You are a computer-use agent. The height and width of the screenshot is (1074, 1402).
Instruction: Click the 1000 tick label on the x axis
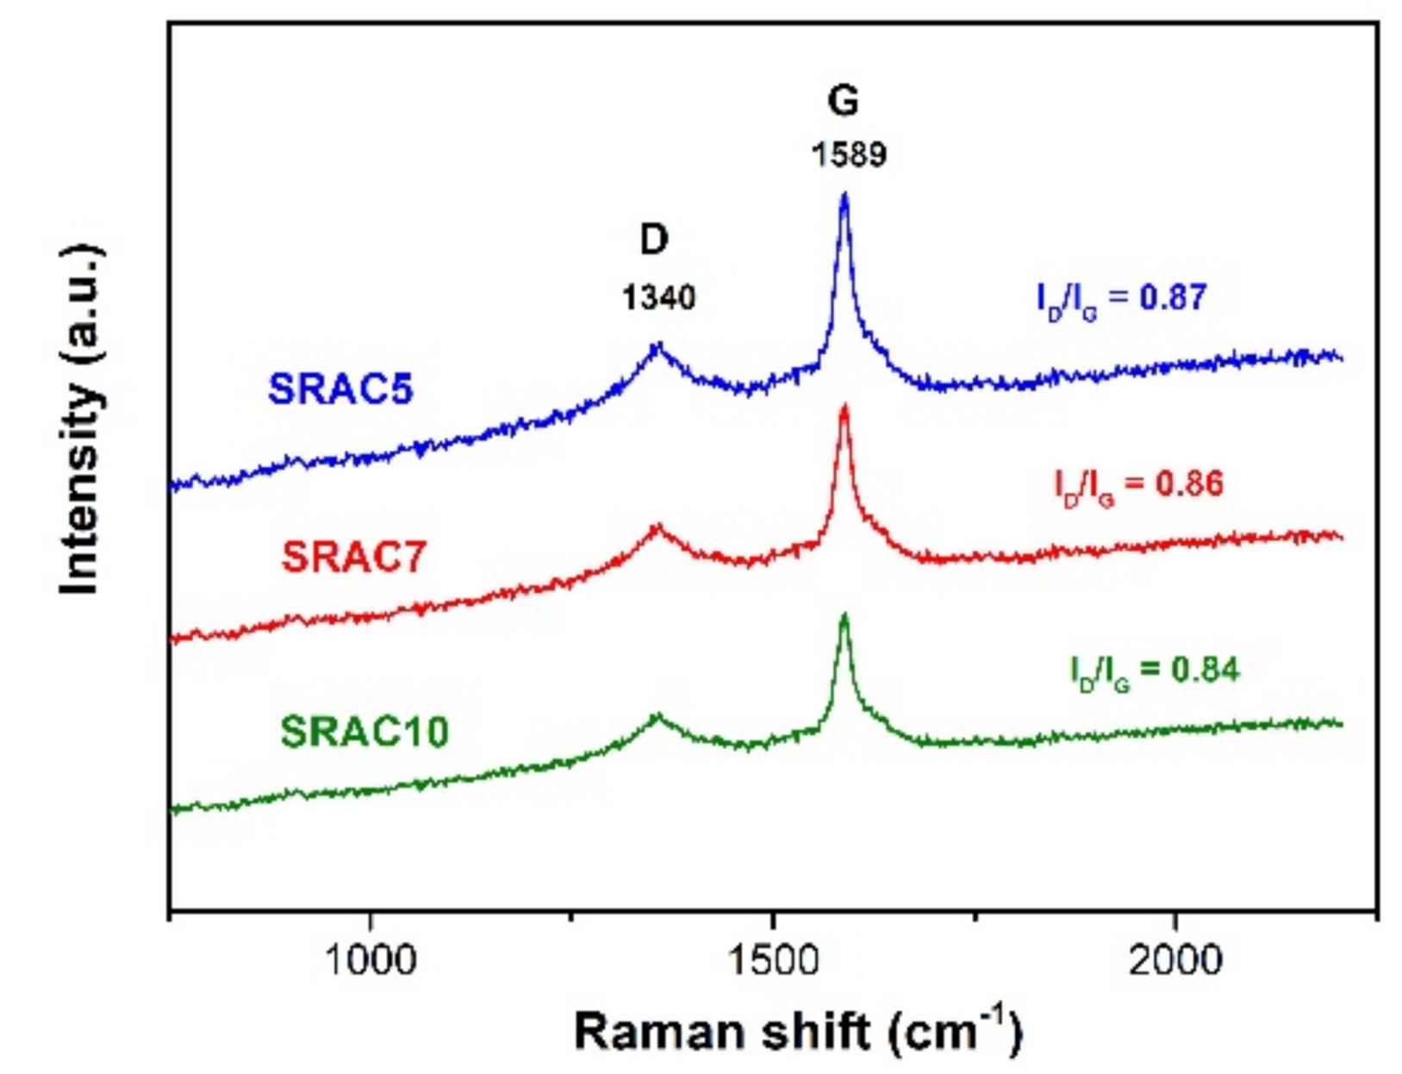[x=371, y=959]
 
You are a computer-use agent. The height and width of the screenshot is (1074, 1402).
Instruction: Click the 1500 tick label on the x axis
[x=772, y=959]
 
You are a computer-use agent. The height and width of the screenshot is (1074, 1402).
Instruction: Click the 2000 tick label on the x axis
[x=1175, y=959]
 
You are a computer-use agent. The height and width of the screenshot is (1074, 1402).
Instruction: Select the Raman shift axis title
[x=798, y=1032]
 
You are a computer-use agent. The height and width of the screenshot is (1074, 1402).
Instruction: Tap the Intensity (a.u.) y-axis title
[x=82, y=420]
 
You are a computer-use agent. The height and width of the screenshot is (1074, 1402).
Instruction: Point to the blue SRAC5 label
[x=341, y=389]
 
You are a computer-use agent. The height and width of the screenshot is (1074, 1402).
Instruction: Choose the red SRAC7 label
[x=354, y=557]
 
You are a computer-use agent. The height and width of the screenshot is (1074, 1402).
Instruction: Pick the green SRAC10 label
[x=365, y=733]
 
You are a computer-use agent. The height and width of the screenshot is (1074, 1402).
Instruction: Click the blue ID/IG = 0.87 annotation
[x=1121, y=298]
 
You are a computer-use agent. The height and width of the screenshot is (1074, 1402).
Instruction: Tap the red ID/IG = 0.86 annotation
[x=1138, y=484]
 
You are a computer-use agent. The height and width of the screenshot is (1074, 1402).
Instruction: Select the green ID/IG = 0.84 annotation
[x=1155, y=671]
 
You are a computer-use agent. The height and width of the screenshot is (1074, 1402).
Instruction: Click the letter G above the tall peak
[x=843, y=101]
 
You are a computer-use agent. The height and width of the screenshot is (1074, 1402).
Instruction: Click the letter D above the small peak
[x=655, y=240]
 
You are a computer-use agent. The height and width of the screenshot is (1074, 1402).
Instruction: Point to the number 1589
[x=849, y=155]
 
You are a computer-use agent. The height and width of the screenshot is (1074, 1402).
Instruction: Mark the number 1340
[x=658, y=298]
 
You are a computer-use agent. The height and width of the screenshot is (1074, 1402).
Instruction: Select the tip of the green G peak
[x=844, y=615]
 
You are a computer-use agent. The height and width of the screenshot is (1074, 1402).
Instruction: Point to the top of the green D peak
[x=658, y=715]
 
